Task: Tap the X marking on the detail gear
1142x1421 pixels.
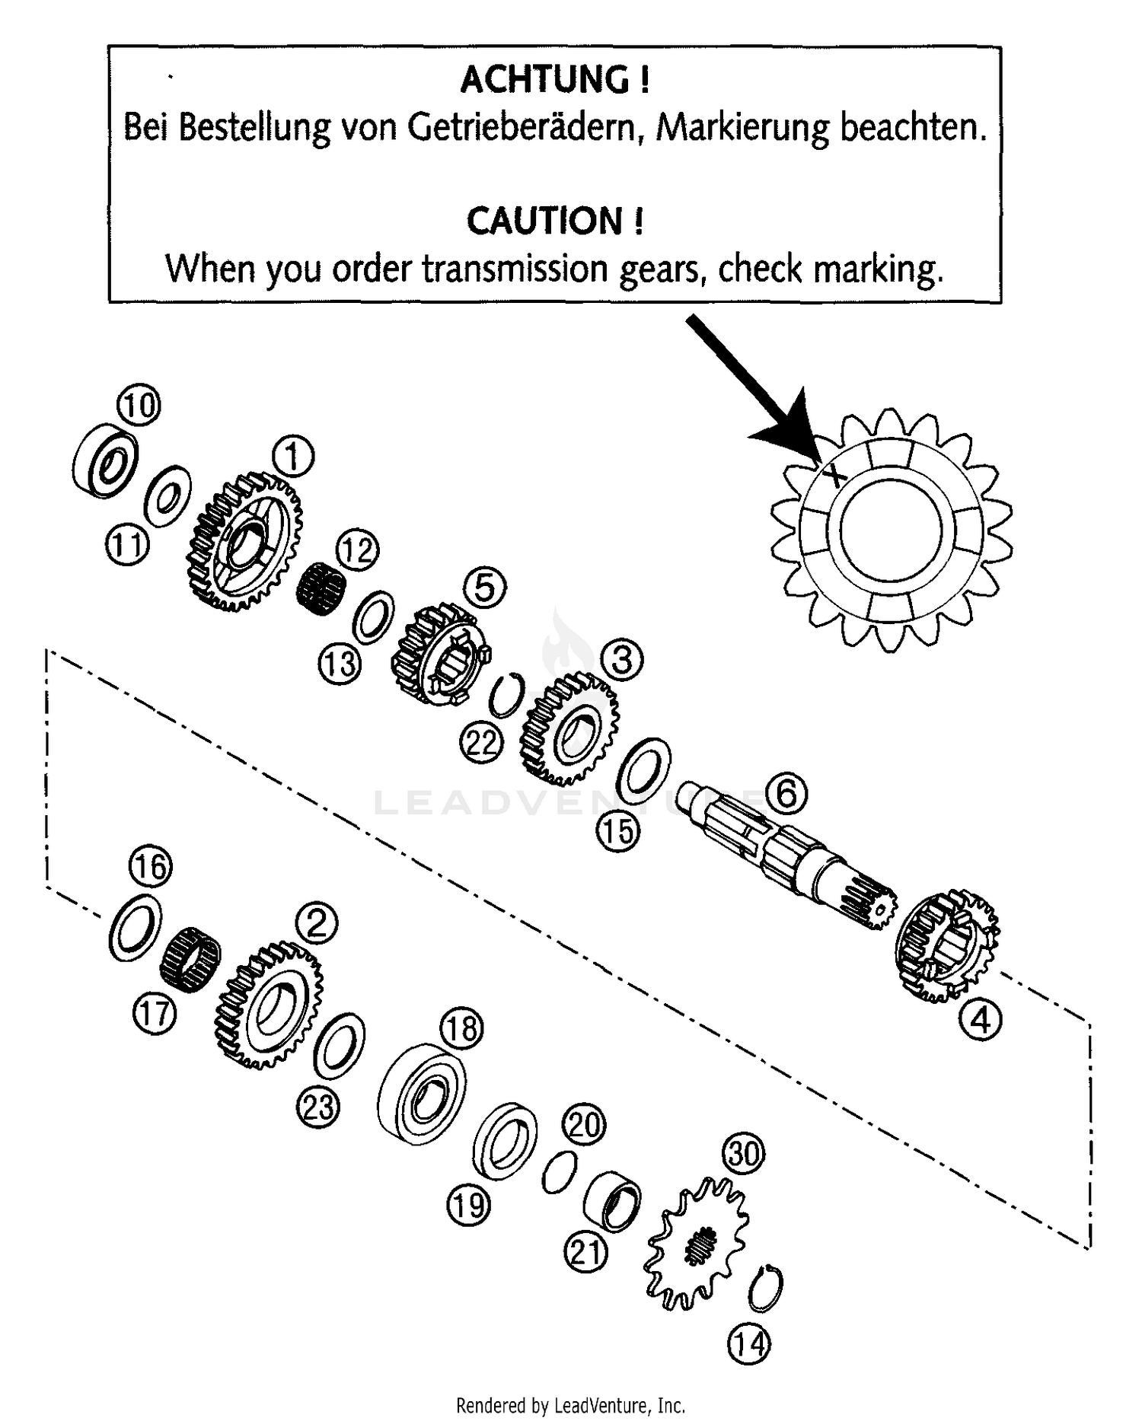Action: coord(834,476)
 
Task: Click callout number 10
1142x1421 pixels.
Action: coord(139,404)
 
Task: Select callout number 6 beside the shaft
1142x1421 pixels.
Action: coord(786,794)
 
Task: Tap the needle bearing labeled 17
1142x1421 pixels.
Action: coord(191,959)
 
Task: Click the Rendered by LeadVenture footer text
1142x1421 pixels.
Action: coord(571,1404)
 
